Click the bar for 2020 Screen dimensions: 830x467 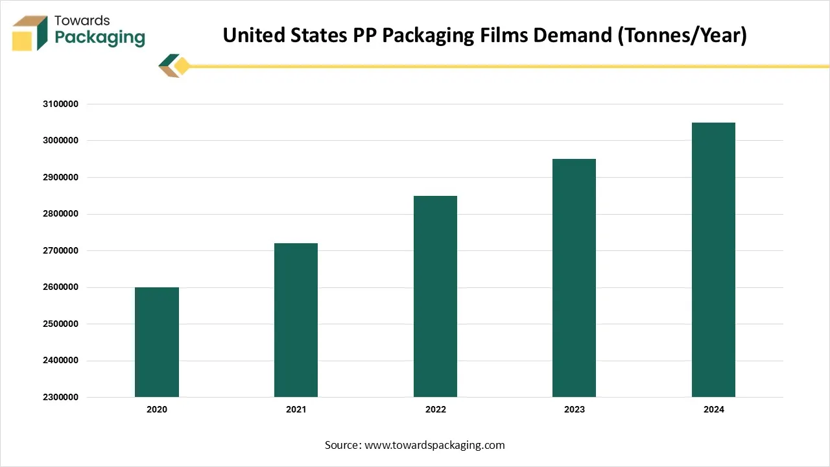pyautogui.click(x=157, y=342)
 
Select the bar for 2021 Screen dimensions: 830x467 pyautogui.click(x=296, y=320)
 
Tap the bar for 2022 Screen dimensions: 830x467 pyautogui.click(x=435, y=296)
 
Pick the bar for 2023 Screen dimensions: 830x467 pyautogui.click(x=574, y=278)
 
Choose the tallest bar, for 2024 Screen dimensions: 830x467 pyautogui.click(x=713, y=259)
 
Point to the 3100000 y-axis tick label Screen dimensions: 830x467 pyautogui.click(x=60, y=104)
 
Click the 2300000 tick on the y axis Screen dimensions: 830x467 pyautogui.click(x=60, y=397)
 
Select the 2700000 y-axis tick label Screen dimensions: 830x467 pyautogui.click(x=60, y=250)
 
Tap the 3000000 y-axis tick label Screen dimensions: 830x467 pyautogui.click(x=60, y=141)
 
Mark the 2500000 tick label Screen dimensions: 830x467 pyautogui.click(x=60, y=324)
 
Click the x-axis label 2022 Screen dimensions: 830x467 pyautogui.click(x=435, y=410)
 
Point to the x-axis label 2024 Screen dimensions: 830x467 pyautogui.click(x=713, y=410)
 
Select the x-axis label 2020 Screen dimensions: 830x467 pyautogui.click(x=157, y=410)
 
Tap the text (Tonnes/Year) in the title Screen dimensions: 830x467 pyautogui.click(x=682, y=35)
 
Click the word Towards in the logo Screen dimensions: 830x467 pyautogui.click(x=82, y=21)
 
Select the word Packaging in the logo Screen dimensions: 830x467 pyautogui.click(x=99, y=38)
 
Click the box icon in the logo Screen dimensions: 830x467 pyautogui.click(x=30, y=34)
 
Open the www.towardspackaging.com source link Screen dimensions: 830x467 pyautogui.click(x=434, y=445)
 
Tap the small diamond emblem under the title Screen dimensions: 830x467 pyautogui.click(x=174, y=66)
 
